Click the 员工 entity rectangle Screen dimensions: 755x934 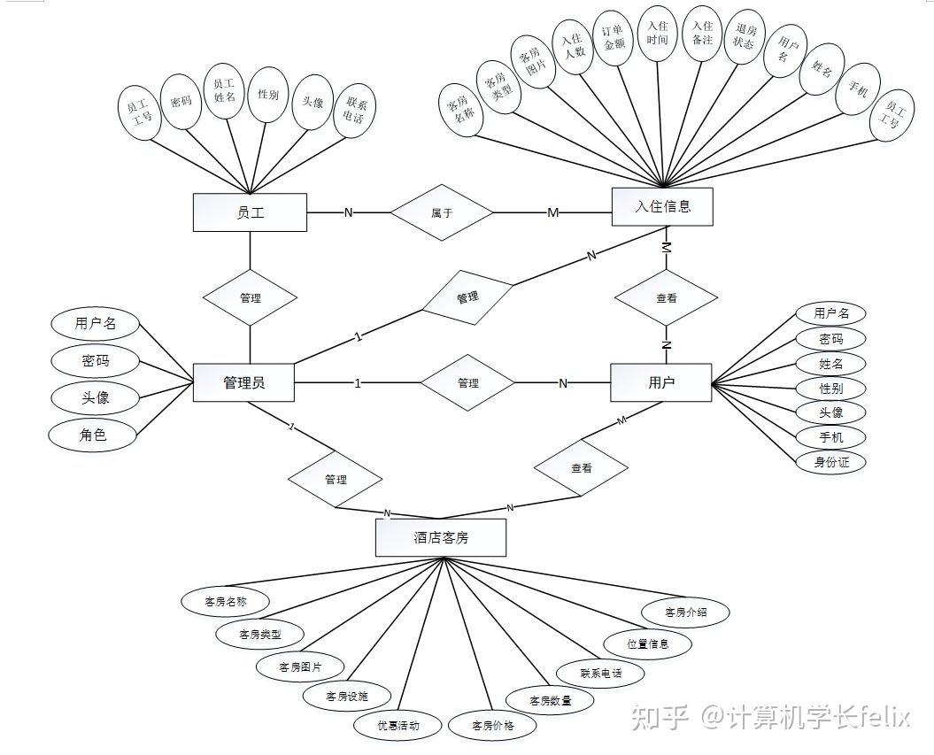(250, 212)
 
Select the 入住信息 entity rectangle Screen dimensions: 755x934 (662, 207)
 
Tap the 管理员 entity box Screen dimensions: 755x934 (243, 383)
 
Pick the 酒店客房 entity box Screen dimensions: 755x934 (441, 537)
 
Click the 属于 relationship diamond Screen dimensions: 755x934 (441, 212)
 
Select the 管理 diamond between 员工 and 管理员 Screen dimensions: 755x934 (250, 298)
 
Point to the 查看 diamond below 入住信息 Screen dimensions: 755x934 (667, 298)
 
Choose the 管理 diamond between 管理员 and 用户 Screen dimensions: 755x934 (467, 383)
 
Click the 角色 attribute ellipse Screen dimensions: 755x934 (94, 434)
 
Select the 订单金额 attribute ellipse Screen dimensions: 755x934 (614, 39)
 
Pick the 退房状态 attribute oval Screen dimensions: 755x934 (745, 35)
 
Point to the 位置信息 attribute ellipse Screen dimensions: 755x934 (648, 643)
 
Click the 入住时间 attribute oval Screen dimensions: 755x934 (658, 34)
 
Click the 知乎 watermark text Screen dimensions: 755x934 (659, 715)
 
